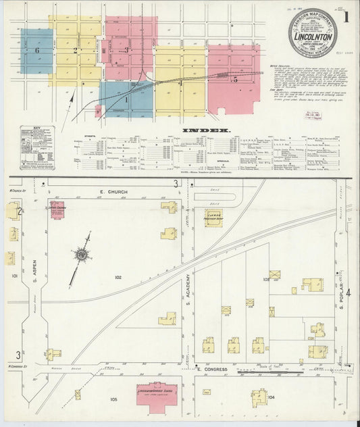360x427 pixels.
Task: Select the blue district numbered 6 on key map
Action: pos(37,51)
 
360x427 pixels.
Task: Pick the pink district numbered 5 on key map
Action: pos(235,80)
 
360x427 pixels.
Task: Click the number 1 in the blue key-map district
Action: pos(125,99)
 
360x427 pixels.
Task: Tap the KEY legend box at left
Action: pos(37,146)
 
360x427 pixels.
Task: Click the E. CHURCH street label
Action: pos(113,192)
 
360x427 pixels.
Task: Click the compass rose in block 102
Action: pos(82,255)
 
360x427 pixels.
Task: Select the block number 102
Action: pos(118,277)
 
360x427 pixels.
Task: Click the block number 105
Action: pos(113,399)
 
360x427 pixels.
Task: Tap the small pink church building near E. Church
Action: pos(57,209)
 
